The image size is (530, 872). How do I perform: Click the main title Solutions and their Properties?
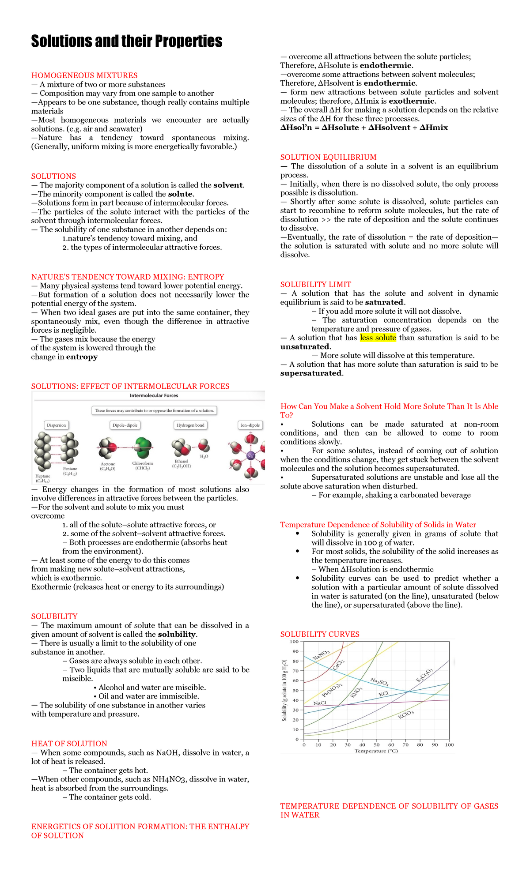click(127, 41)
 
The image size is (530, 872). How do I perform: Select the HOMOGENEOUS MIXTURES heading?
click(84, 75)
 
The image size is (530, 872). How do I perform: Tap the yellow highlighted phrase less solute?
click(378, 338)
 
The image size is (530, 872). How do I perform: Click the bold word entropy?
click(82, 357)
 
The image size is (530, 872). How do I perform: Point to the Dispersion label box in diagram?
click(57, 425)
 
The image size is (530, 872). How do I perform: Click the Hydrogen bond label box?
click(190, 425)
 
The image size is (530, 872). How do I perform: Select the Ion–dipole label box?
click(250, 425)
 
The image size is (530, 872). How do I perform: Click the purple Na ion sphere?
click(250, 455)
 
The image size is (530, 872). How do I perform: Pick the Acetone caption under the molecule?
click(108, 464)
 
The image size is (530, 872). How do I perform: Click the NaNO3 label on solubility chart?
click(321, 655)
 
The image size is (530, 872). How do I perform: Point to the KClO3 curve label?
click(405, 714)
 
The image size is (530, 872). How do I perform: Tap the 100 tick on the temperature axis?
click(449, 745)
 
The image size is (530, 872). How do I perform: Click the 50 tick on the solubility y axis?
click(295, 691)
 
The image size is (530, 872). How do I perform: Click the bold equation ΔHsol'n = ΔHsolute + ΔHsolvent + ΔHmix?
click(364, 128)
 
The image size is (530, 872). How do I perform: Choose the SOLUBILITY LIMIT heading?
click(316, 285)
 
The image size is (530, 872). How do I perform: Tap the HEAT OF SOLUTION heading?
click(69, 744)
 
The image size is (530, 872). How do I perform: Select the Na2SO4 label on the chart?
click(379, 682)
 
